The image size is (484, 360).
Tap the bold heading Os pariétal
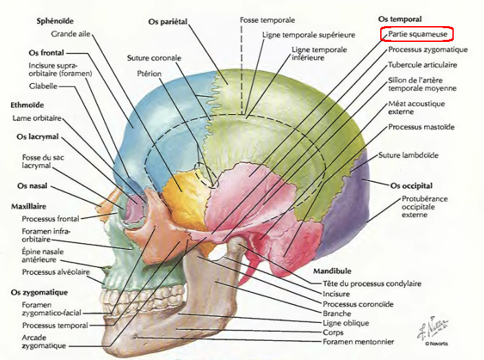[168, 22]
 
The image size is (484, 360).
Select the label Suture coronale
[153, 58]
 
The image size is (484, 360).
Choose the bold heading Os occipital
[411, 185]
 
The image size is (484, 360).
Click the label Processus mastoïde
[421, 127]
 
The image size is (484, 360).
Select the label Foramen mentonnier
[358, 341]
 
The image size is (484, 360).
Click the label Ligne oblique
[346, 322]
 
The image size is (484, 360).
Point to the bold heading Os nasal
[33, 185]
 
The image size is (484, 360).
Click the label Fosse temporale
[267, 21]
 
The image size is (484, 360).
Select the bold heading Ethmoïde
[27, 105]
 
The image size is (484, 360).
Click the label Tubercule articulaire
[422, 65]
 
